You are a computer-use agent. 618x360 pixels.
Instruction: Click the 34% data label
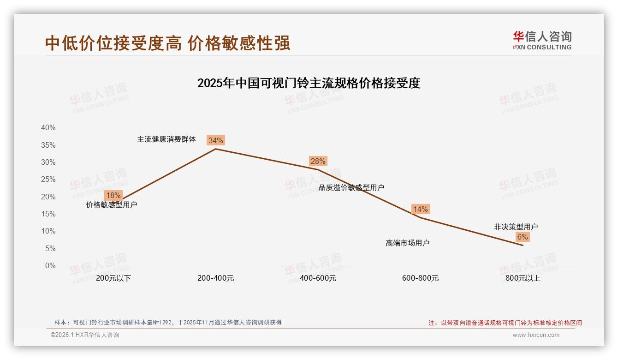[x=215, y=140]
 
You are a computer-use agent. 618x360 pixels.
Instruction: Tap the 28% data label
[x=318, y=161]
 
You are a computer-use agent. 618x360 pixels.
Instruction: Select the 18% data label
[x=113, y=195]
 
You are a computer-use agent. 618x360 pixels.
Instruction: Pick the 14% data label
[x=420, y=209]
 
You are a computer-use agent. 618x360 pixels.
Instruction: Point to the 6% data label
[x=522, y=237]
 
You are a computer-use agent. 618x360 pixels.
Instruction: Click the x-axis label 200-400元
[x=215, y=278]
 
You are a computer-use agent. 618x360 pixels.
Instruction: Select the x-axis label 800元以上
[x=523, y=278]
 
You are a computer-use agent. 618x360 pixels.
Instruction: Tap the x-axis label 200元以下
[x=113, y=278]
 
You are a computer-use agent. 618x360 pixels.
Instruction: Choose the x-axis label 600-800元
[x=420, y=278]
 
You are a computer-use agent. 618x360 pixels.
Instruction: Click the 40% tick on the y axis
[x=48, y=128]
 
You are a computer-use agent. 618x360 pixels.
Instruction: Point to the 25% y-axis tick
[x=48, y=180]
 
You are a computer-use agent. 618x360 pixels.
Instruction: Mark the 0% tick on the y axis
[x=50, y=266]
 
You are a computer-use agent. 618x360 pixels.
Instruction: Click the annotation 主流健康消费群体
[x=166, y=139]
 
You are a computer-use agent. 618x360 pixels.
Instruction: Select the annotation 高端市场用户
[x=407, y=243]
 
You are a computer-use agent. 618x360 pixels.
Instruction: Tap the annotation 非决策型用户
[x=516, y=227]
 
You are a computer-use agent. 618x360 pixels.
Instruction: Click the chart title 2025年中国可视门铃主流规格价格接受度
[x=309, y=83]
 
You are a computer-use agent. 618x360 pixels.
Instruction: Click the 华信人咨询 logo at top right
[x=542, y=40]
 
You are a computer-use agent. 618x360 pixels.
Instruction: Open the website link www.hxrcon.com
[x=535, y=335]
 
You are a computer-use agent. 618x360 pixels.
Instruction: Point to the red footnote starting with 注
[x=505, y=323]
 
